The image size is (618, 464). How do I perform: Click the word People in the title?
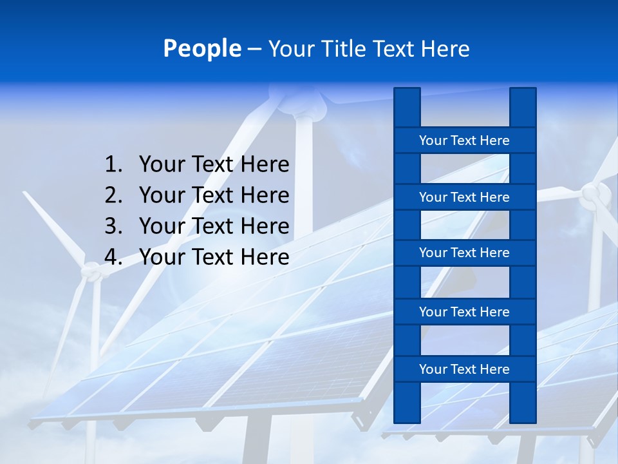point(202,48)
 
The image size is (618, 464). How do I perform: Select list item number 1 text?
point(214,165)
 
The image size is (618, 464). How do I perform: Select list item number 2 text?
point(214,195)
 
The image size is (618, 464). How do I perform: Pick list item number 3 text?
point(214,226)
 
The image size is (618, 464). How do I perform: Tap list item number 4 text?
point(214,257)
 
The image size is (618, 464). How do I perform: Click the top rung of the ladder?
point(464,140)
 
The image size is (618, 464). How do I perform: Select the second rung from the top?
point(464,197)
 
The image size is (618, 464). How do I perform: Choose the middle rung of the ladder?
point(464,253)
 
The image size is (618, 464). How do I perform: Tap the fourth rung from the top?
point(464,312)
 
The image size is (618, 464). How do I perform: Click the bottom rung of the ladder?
point(464,369)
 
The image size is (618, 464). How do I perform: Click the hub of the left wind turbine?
point(94,274)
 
